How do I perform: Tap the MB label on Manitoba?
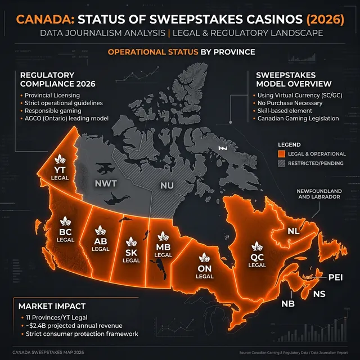(163, 246)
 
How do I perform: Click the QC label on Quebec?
(257, 256)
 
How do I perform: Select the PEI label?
(335, 277)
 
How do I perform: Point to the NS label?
(319, 294)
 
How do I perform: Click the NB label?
(287, 304)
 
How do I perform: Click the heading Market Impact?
(52, 306)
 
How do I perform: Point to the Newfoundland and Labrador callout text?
(319, 194)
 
